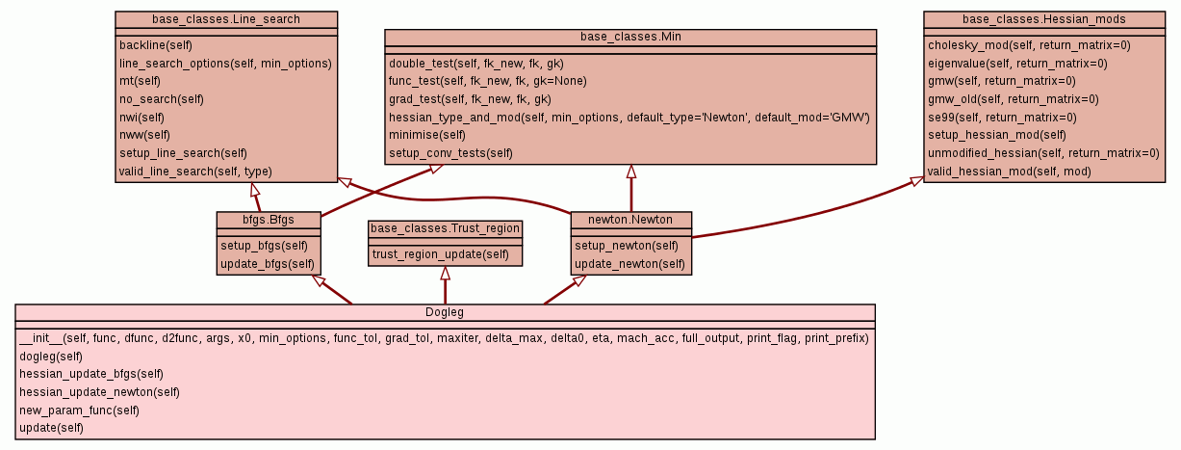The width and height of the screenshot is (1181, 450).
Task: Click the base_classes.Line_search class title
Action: click(x=226, y=19)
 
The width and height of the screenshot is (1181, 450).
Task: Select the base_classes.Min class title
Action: click(x=630, y=37)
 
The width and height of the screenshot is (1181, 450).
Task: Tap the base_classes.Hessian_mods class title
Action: click(x=1043, y=19)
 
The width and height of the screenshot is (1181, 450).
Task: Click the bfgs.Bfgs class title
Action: click(x=268, y=220)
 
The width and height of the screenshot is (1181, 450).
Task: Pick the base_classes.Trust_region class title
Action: click(x=445, y=228)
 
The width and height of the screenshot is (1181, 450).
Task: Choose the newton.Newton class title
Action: click(x=630, y=220)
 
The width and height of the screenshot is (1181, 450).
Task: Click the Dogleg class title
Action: click(x=445, y=312)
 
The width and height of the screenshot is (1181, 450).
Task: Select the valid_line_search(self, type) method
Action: click(x=195, y=172)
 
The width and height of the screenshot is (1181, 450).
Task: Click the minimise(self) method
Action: click(x=427, y=135)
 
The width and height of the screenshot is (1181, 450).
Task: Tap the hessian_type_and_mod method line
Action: click(x=629, y=117)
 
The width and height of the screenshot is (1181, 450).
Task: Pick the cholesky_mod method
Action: click(x=1029, y=45)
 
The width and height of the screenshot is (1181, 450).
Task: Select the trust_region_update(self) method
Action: click(x=440, y=254)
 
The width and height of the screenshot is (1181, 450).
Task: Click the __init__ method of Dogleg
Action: click(x=444, y=338)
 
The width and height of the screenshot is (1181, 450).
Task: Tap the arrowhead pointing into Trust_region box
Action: click(x=445, y=273)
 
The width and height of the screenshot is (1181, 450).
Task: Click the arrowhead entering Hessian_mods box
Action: click(x=915, y=179)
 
